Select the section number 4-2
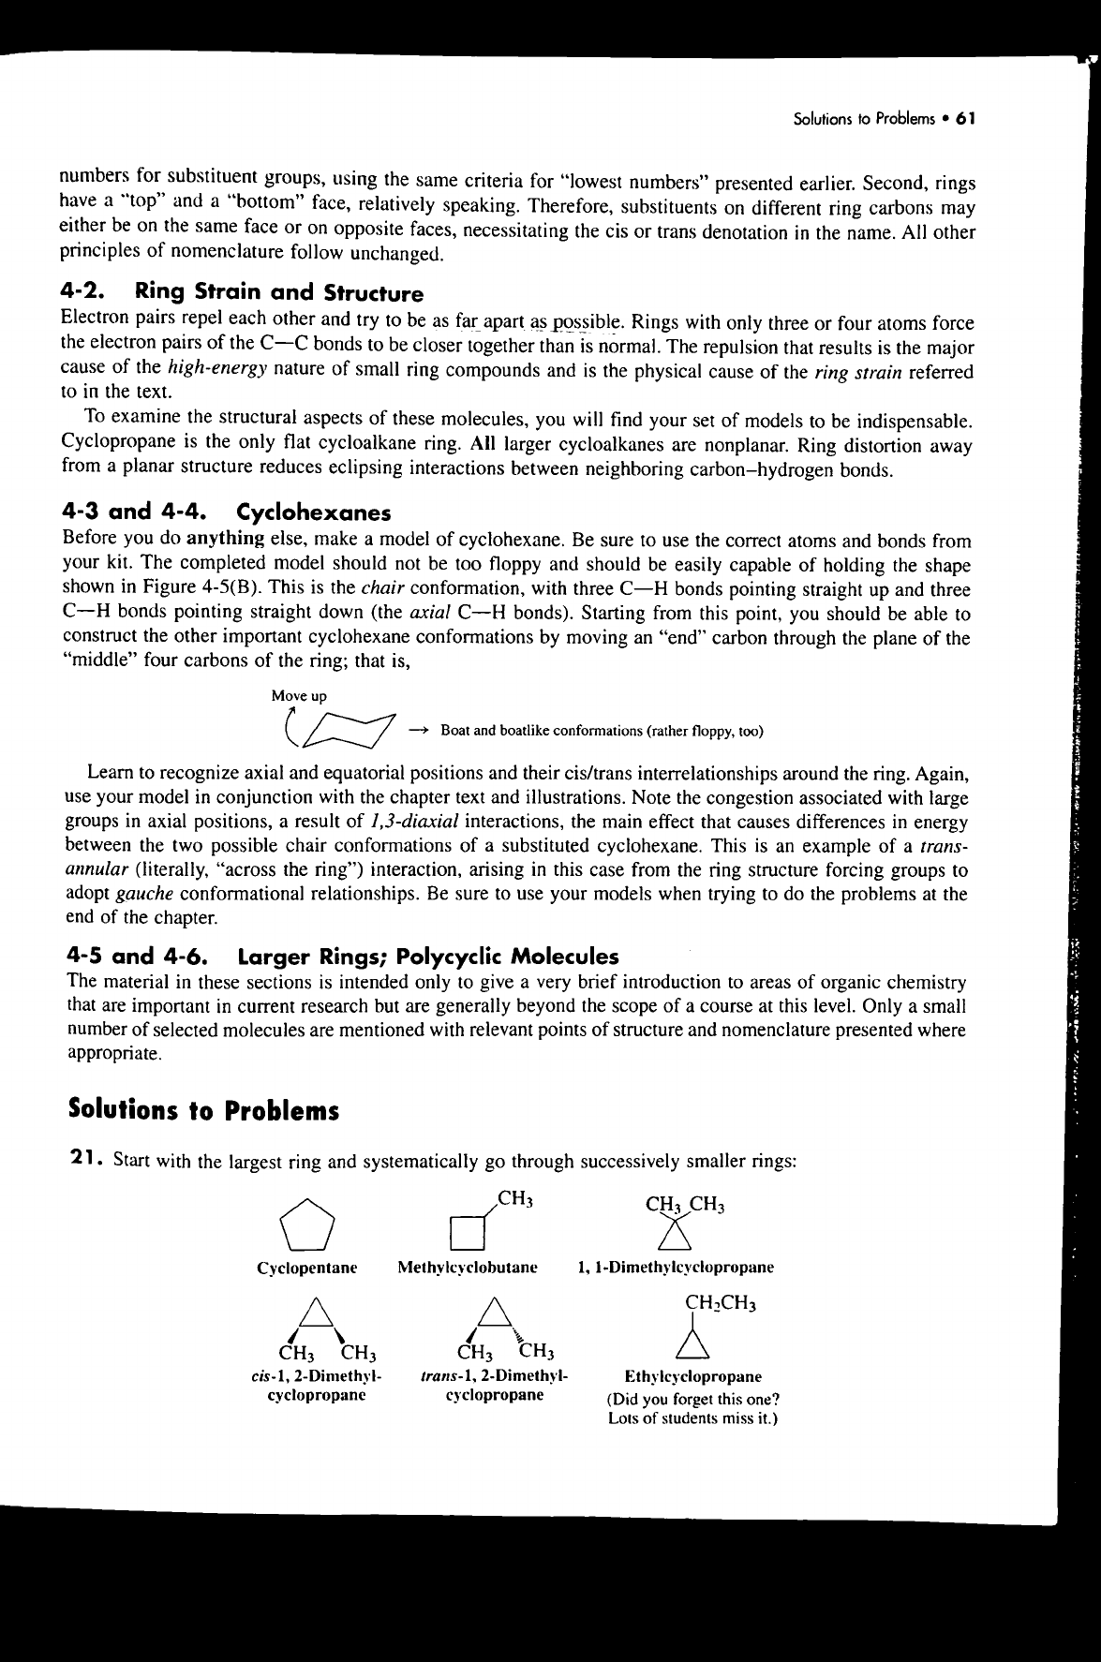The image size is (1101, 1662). pyautogui.click(x=87, y=295)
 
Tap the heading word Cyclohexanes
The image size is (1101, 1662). pyautogui.click(x=314, y=513)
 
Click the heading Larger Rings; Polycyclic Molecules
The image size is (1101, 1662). pyautogui.click(x=429, y=957)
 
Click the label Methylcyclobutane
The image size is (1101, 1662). pyautogui.click(x=467, y=1268)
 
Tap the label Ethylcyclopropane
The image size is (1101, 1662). pyautogui.click(x=692, y=1377)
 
